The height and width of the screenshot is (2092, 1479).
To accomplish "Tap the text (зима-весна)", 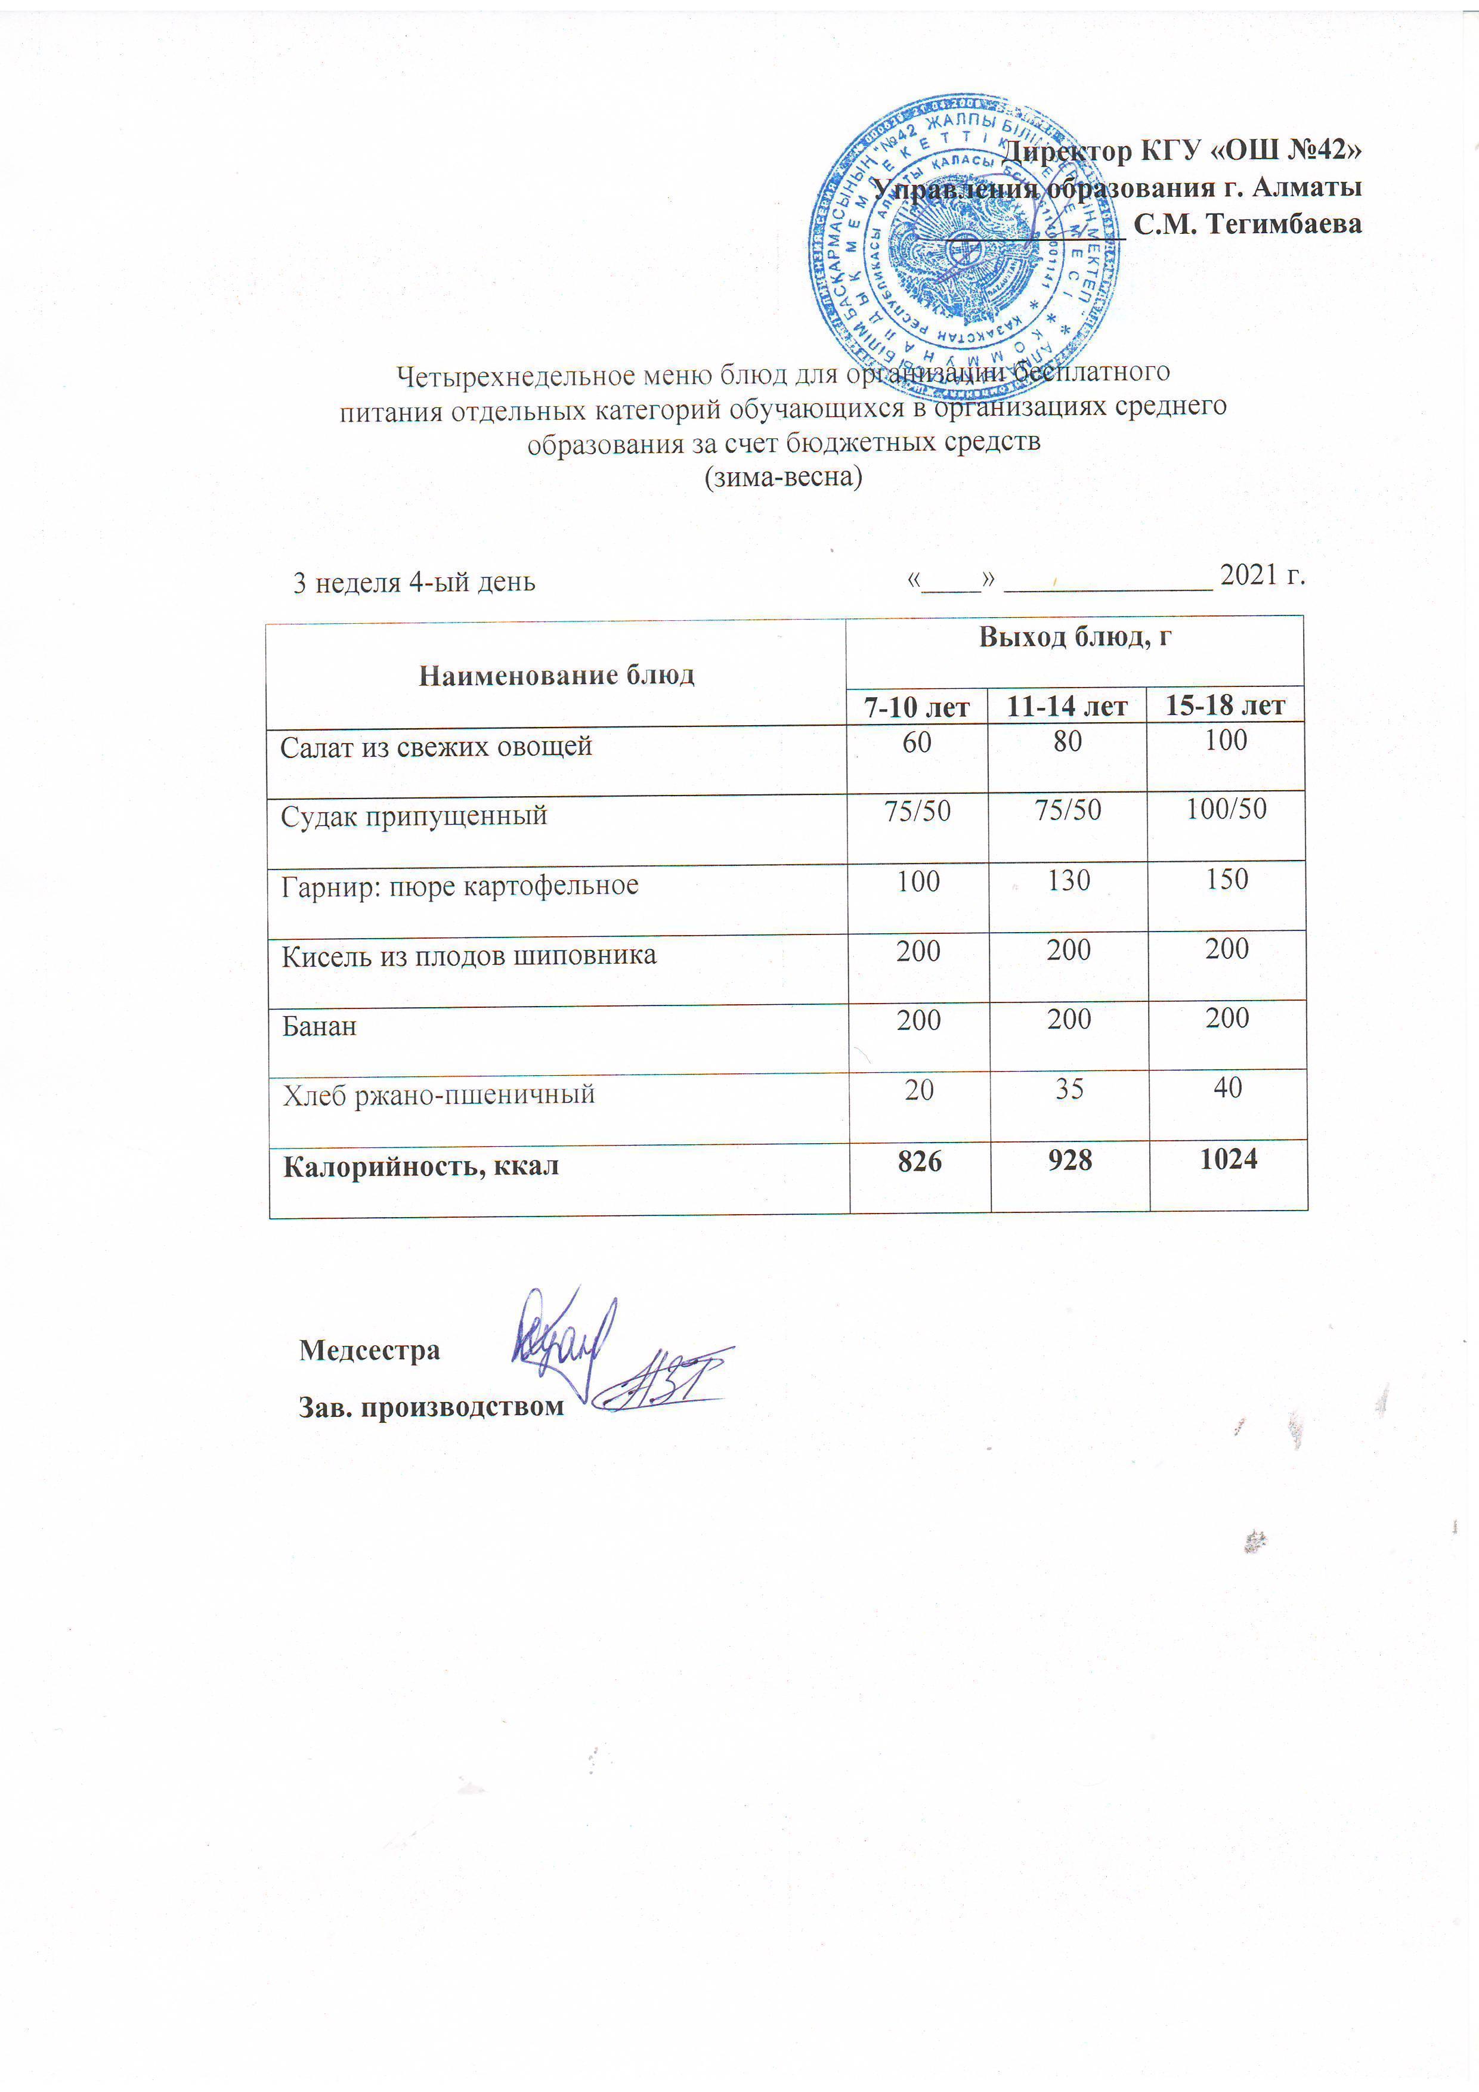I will (x=783, y=476).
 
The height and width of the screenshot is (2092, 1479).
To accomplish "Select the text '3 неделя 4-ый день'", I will (x=414, y=582).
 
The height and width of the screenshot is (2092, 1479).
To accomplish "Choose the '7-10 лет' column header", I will (x=917, y=706).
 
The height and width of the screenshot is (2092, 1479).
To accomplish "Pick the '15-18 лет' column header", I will (x=1225, y=705).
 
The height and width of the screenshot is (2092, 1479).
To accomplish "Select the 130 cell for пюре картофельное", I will (x=1068, y=880).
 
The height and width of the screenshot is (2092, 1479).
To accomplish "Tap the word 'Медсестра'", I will (x=369, y=1350).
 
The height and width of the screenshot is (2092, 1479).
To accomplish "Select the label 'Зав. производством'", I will (x=431, y=1407).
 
